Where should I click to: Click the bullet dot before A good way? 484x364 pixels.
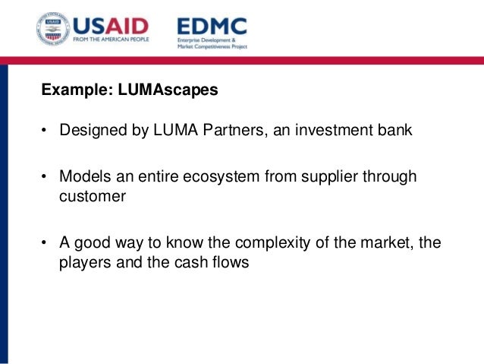45,243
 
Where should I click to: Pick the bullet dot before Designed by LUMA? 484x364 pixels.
45,131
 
